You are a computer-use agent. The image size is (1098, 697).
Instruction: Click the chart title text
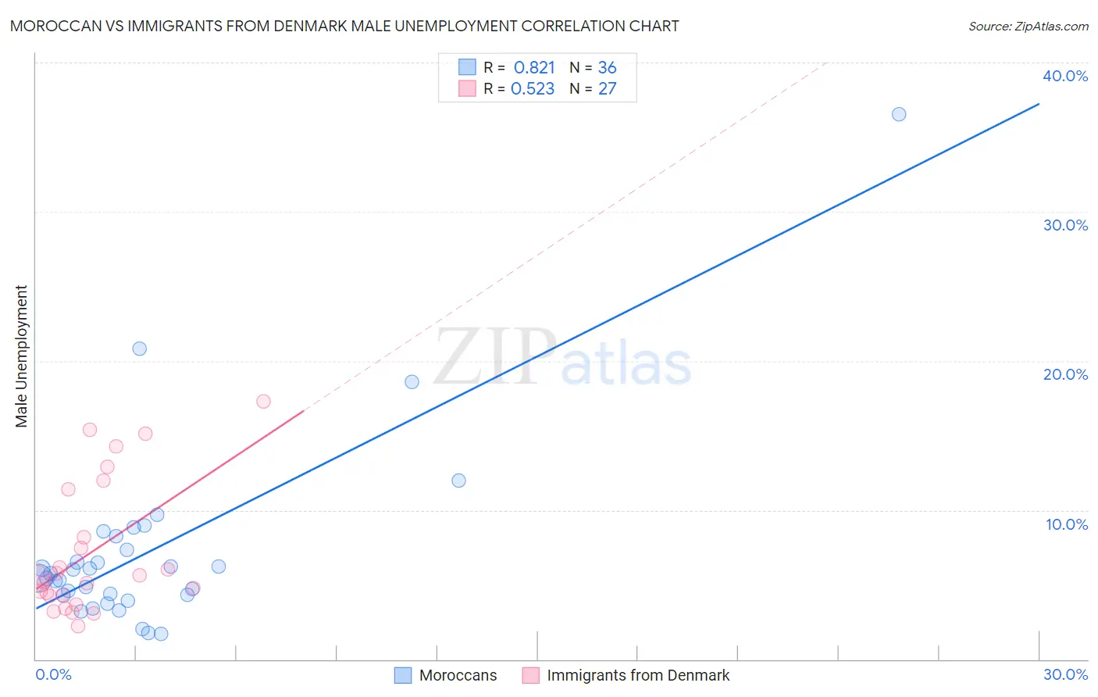(344, 26)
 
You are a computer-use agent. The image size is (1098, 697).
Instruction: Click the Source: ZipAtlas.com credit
(1028, 26)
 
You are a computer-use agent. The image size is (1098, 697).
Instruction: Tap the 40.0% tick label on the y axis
(1065, 76)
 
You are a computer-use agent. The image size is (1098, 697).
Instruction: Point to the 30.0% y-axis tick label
(1065, 225)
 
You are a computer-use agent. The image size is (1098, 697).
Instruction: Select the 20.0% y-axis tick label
(1065, 374)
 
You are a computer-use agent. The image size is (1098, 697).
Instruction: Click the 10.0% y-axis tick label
(1067, 524)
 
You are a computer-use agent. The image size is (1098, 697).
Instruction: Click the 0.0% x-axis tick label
(53, 674)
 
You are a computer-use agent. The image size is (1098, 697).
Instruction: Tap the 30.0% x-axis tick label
(1065, 674)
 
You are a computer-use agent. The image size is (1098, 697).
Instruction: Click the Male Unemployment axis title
(22, 356)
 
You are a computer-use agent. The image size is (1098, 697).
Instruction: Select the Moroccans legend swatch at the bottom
(403, 675)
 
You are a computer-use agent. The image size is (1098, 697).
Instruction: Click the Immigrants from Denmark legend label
(638, 675)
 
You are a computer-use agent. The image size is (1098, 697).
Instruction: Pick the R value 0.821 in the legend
(534, 67)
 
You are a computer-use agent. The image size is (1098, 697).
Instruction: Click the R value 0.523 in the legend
(533, 88)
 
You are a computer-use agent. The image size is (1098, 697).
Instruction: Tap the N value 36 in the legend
(607, 67)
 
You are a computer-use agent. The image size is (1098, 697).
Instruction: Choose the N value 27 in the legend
(607, 88)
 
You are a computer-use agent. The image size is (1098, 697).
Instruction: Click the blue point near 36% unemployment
(899, 114)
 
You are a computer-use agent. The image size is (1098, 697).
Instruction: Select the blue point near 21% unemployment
(140, 348)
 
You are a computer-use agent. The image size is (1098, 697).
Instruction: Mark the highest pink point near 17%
(263, 402)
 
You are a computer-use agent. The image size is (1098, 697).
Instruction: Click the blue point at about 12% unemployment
(458, 481)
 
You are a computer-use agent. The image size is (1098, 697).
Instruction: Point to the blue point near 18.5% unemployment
(412, 382)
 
